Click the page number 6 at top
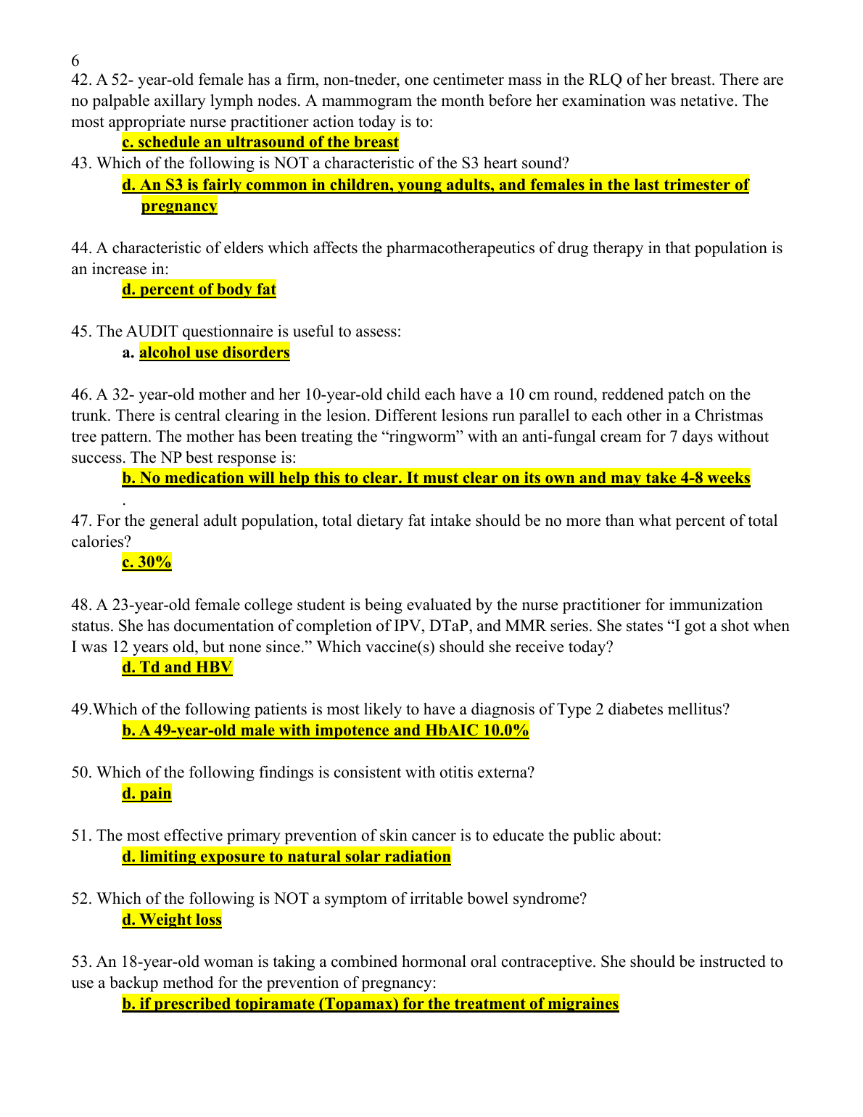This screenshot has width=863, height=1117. (75, 60)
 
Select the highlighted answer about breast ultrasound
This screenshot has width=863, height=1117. (260, 142)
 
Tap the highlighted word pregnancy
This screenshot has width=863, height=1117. (179, 206)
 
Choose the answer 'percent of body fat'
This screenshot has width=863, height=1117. (199, 289)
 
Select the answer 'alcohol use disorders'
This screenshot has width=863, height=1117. (214, 353)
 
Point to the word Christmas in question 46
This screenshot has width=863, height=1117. (729, 416)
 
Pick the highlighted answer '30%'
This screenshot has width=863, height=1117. (147, 562)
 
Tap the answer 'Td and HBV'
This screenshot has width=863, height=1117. (177, 667)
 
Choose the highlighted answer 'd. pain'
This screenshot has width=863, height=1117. (147, 794)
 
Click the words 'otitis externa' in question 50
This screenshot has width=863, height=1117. (487, 772)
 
